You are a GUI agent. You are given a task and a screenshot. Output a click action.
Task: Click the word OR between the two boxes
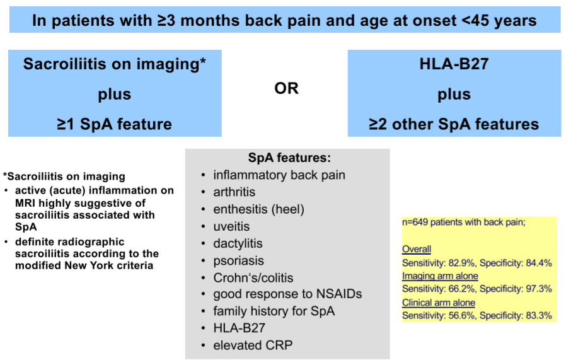pyautogui.click(x=286, y=88)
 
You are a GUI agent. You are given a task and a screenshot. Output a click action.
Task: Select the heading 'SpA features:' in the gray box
pyautogui.click(x=289, y=158)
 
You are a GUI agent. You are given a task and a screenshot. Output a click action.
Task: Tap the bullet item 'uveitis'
pyautogui.click(x=231, y=226)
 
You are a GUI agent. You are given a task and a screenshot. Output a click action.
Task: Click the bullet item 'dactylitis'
pyautogui.click(x=238, y=243)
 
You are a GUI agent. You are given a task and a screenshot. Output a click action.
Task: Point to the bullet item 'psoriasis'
pyautogui.click(x=239, y=261)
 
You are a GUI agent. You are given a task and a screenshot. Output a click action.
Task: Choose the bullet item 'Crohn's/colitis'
pyautogui.click(x=253, y=277)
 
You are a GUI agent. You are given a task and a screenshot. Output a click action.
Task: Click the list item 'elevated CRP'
pyautogui.click(x=253, y=345)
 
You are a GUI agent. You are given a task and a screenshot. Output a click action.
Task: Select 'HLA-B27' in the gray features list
pyautogui.click(x=240, y=328)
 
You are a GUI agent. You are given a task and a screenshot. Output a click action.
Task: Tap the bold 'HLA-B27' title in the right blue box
pyautogui.click(x=454, y=64)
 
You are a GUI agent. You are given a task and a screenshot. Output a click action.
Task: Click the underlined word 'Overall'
pyautogui.click(x=417, y=249)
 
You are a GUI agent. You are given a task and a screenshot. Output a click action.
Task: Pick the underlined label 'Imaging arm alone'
pyautogui.click(x=440, y=276)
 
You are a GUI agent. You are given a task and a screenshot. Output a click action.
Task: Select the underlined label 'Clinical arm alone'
pyautogui.click(x=439, y=303)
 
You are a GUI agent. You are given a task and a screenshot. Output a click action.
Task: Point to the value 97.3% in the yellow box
pyautogui.click(x=539, y=289)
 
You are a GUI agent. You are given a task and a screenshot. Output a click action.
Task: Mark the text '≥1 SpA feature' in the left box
pyautogui.click(x=115, y=124)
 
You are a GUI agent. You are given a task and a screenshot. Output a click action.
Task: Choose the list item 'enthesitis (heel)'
pyautogui.click(x=259, y=209)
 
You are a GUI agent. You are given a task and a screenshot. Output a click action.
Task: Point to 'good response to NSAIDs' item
pyautogui.click(x=287, y=294)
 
